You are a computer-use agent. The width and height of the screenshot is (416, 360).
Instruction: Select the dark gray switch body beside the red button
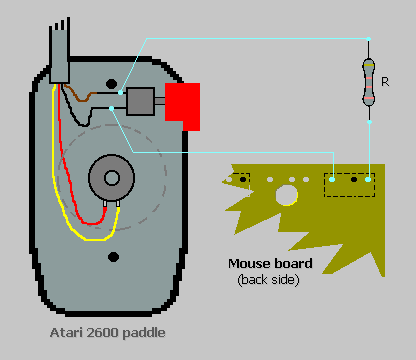(140, 101)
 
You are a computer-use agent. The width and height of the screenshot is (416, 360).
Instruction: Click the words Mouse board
(270, 264)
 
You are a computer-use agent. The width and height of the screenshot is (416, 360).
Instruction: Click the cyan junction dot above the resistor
(369, 39)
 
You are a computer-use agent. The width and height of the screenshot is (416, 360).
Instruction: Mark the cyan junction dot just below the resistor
(369, 121)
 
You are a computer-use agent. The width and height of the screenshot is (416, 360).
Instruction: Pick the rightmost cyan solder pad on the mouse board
(369, 179)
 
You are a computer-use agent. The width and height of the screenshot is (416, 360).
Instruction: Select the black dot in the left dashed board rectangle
(241, 180)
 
